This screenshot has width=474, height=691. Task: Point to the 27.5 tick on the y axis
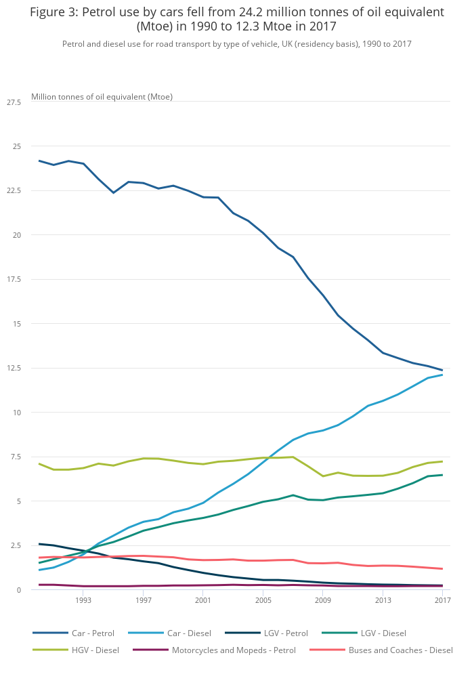pyautogui.click(x=14, y=102)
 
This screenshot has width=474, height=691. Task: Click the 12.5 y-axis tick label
pyautogui.click(x=14, y=369)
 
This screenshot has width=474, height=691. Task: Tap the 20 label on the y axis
pyautogui.click(x=17, y=235)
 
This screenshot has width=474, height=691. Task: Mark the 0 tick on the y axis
pyautogui.click(x=19, y=590)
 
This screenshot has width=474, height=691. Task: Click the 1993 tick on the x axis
pyautogui.click(x=83, y=600)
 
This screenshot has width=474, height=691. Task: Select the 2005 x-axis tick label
pyautogui.click(x=263, y=600)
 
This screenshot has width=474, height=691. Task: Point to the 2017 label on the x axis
pyautogui.click(x=442, y=600)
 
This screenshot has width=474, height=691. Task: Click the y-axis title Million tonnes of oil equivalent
pyautogui.click(x=102, y=97)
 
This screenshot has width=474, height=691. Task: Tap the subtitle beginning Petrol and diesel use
pyautogui.click(x=236, y=44)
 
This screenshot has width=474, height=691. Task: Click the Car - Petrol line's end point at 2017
pyautogui.click(x=442, y=371)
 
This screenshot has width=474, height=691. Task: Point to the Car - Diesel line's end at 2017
pyautogui.click(x=442, y=375)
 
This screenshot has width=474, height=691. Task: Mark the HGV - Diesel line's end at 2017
pyautogui.click(x=442, y=461)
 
